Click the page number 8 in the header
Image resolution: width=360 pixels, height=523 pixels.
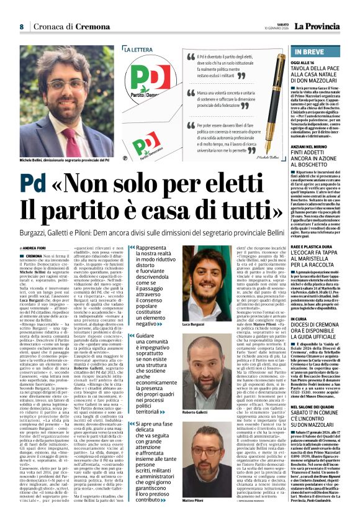click(x=21, y=27)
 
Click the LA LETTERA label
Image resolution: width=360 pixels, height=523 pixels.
click(x=138, y=49)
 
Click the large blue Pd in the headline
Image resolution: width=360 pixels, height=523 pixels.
click(x=38, y=184)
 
